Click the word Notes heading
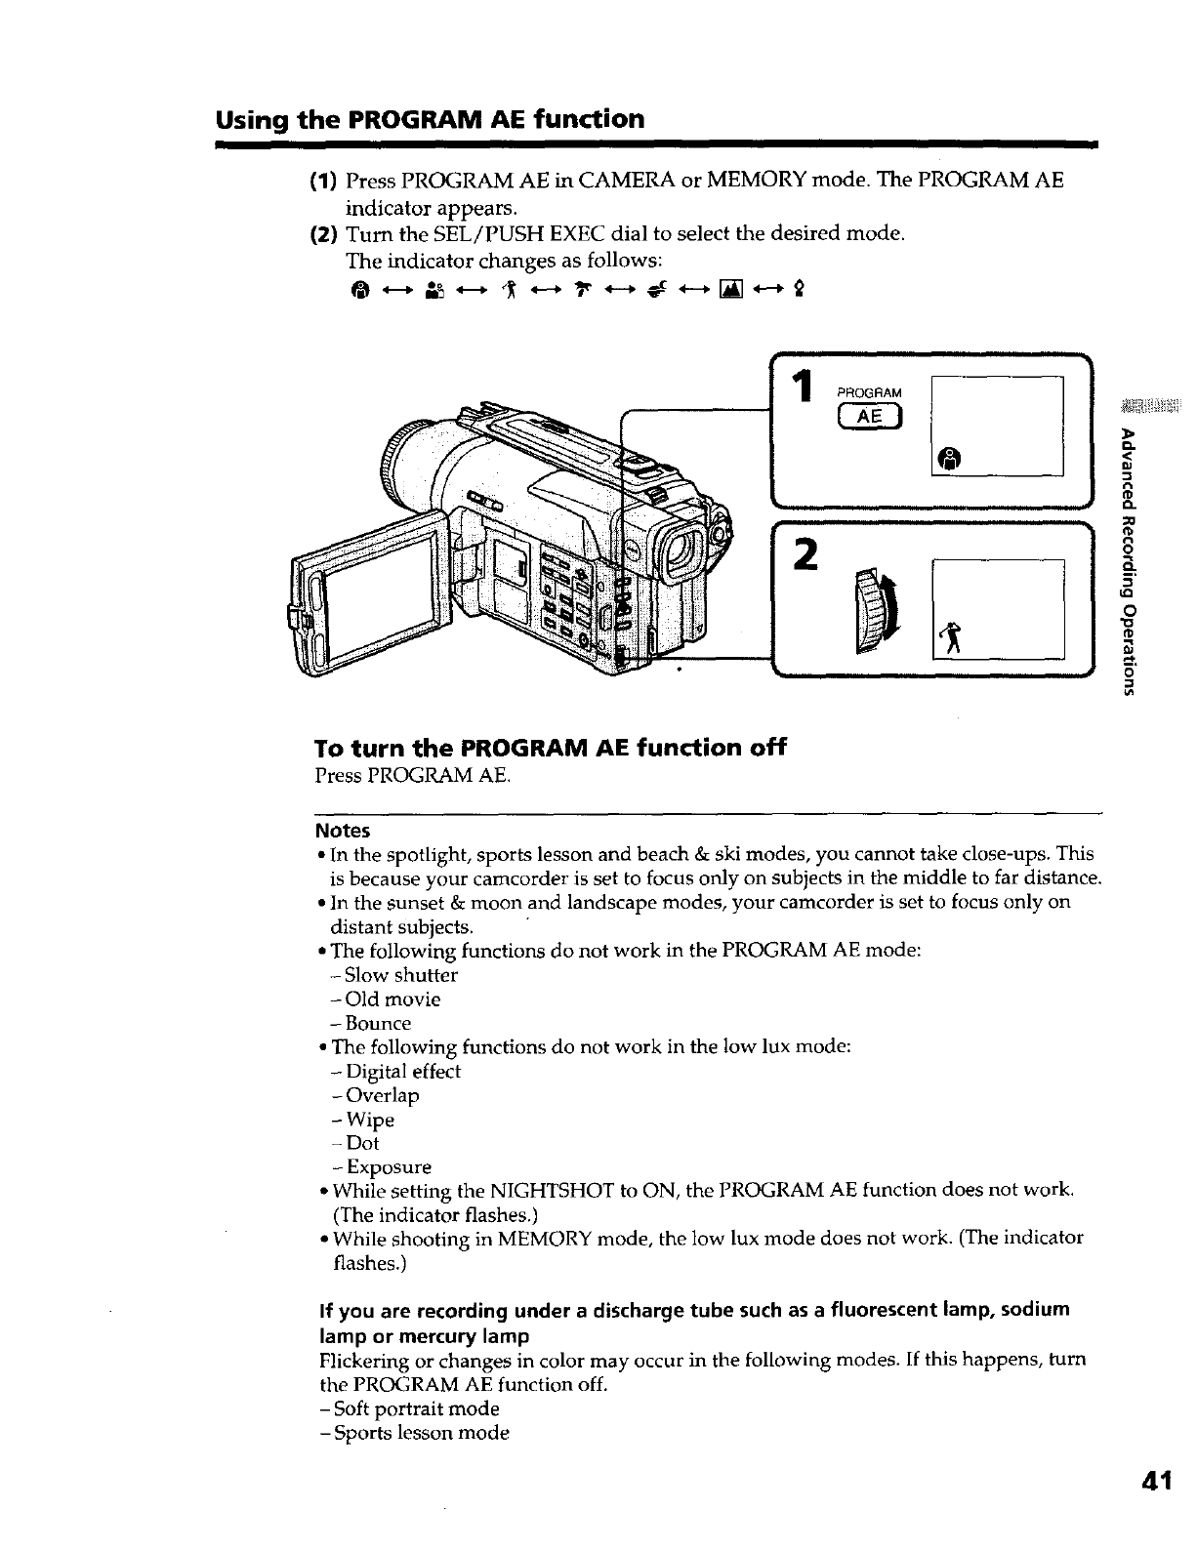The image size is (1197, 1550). [x=343, y=831]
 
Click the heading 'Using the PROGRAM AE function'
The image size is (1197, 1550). [x=430, y=119]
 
